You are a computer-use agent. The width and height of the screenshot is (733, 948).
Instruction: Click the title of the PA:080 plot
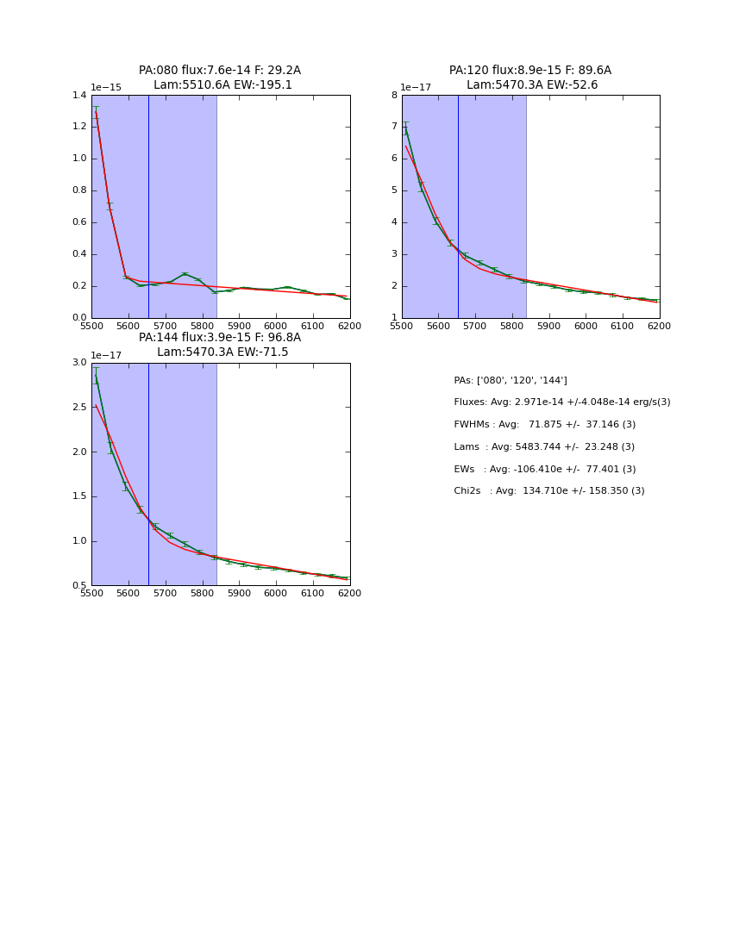pyautogui.click(x=220, y=78)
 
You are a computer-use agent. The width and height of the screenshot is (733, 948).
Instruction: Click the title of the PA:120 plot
pyautogui.click(x=530, y=78)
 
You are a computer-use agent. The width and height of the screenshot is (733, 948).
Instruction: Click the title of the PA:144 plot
pyautogui.click(x=220, y=345)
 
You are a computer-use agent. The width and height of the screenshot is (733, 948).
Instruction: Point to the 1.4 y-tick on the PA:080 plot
pyautogui.click(x=79, y=95)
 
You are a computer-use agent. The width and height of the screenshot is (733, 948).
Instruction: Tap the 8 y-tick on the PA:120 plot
pyautogui.click(x=393, y=95)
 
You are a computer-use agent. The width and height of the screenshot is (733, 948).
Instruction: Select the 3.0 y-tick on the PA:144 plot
pyautogui.click(x=79, y=363)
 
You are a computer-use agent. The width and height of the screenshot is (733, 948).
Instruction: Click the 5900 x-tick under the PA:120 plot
pyautogui.click(x=549, y=327)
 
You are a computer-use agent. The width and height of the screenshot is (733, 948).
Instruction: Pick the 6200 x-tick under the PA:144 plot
pyautogui.click(x=349, y=594)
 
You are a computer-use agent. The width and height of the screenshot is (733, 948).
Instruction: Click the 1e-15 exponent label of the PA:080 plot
pyautogui.click(x=106, y=87)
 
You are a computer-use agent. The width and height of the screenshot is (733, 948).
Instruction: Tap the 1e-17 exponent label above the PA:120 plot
pyautogui.click(x=417, y=87)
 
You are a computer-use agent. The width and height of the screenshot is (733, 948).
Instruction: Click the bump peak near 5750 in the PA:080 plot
pyautogui.click(x=185, y=274)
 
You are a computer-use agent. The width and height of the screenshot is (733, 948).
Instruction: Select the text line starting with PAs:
pyautogui.click(x=511, y=380)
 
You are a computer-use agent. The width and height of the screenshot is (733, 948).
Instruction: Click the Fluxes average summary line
pyautogui.click(x=561, y=402)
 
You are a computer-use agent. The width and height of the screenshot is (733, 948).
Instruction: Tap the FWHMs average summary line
pyautogui.click(x=544, y=425)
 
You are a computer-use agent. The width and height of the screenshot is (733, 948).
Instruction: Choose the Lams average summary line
pyautogui.click(x=544, y=447)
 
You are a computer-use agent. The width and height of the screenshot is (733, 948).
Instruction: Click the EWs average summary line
pyautogui.click(x=544, y=470)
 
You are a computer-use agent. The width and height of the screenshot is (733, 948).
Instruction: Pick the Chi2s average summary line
pyautogui.click(x=548, y=491)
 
